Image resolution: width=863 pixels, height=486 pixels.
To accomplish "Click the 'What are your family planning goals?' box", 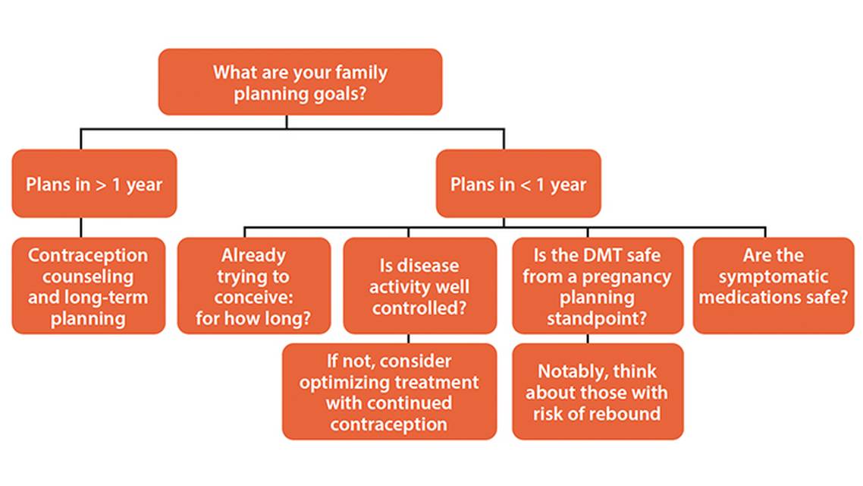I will pos(300,82).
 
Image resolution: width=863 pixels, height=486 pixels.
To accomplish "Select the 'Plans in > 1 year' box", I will pos(94,184).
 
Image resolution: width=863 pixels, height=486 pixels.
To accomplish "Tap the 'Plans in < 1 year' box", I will pos(518,184).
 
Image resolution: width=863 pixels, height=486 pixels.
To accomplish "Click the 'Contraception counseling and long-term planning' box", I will pos(88,286).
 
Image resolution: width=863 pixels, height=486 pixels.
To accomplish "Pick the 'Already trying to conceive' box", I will pos(254,286).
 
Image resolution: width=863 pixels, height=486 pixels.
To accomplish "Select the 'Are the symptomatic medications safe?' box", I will pos(774,286).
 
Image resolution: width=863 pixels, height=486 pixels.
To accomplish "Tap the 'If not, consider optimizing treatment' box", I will pos(389,392).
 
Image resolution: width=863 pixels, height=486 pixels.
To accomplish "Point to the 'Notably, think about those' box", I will pos(597,392).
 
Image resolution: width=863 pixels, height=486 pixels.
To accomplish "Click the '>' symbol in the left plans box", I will pos(101,185).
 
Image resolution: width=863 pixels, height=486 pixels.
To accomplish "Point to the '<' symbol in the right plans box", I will pos(525,185).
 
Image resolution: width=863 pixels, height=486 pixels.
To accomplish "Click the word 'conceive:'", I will pos(253,298).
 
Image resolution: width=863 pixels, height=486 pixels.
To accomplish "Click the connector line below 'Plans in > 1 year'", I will pos(82,228).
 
